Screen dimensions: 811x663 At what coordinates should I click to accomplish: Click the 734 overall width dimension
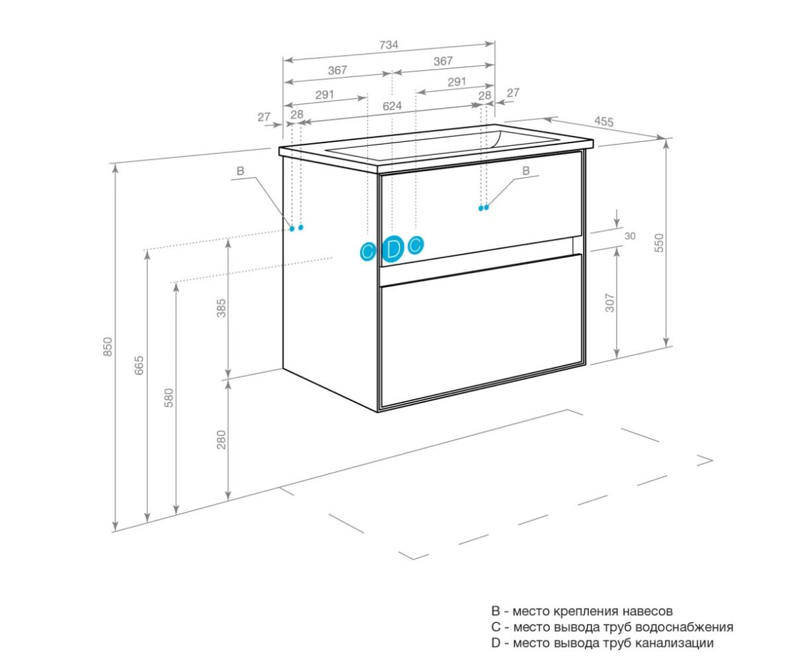(389, 45)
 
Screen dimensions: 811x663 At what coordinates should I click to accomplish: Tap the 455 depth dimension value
(603, 121)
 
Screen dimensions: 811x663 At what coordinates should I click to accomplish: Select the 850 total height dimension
(108, 347)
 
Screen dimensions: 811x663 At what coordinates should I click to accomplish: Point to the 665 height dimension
(139, 365)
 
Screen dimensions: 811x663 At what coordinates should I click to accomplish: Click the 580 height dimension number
(168, 398)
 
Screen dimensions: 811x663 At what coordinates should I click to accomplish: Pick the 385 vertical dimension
(221, 308)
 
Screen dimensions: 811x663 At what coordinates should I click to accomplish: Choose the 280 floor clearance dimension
(221, 440)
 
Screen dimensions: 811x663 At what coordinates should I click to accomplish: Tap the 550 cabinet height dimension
(658, 243)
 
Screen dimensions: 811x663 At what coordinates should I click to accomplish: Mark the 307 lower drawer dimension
(609, 302)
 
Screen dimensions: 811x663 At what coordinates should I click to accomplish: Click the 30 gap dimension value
(630, 236)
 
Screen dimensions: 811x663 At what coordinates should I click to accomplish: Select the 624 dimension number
(392, 106)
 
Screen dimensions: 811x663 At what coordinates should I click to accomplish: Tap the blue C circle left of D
(368, 253)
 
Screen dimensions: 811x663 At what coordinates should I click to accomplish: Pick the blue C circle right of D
(416, 245)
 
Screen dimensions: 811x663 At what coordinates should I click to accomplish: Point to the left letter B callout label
(240, 171)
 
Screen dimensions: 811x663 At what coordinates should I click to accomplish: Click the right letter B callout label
(526, 171)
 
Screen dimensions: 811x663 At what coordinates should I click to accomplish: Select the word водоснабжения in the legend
(684, 627)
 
